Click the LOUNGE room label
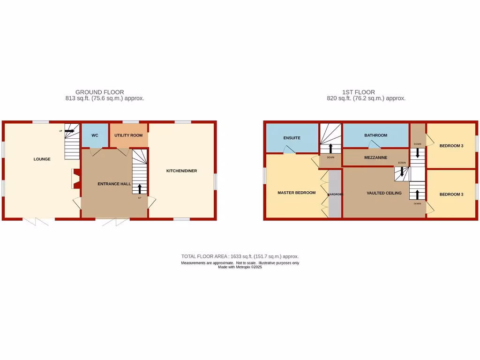(x=42, y=159)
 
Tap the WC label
(x=95, y=135)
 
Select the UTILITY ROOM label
(x=128, y=135)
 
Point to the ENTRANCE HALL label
(x=114, y=184)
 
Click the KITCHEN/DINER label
(x=182, y=171)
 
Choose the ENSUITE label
(x=292, y=138)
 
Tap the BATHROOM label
(x=376, y=135)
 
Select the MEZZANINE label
(x=376, y=157)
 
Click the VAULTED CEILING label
(x=384, y=193)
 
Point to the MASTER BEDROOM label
(x=296, y=193)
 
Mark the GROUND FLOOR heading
(x=99, y=92)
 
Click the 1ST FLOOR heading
(x=359, y=92)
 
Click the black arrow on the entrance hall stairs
(x=139, y=188)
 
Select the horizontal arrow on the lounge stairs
(x=69, y=131)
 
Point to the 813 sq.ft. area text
(x=105, y=98)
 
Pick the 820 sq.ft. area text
(x=366, y=98)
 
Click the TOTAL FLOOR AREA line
(x=240, y=256)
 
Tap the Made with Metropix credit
(x=240, y=267)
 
